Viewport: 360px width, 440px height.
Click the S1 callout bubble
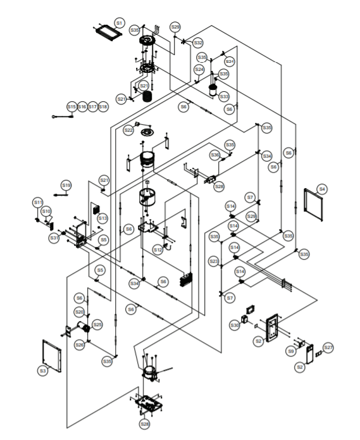point(118,22)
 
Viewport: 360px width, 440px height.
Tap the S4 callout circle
point(322,189)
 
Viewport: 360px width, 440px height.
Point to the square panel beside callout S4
point(314,204)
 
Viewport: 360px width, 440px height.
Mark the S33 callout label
point(224,96)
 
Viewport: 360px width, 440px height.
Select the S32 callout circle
point(198,42)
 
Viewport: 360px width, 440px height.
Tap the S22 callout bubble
point(128,130)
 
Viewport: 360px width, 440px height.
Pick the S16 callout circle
point(82,107)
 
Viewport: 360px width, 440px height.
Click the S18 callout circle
point(103,107)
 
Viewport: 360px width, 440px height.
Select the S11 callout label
point(37,201)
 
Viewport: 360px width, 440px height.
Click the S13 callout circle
point(102,218)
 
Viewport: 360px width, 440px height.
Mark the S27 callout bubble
point(328,348)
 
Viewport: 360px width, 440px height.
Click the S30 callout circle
point(235,325)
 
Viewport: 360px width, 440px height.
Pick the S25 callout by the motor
point(97,324)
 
